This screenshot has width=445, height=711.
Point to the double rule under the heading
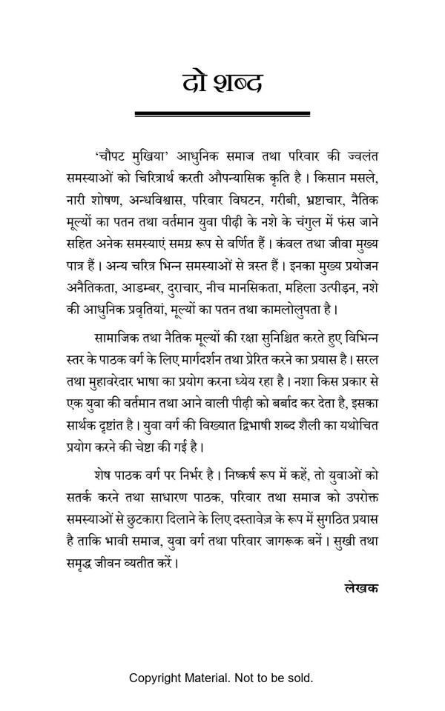click(x=222, y=114)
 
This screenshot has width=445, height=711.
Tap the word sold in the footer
click(x=300, y=678)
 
